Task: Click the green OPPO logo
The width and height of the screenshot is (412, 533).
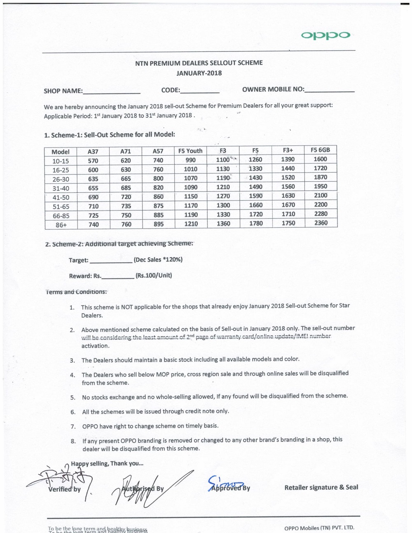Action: [x=325, y=35]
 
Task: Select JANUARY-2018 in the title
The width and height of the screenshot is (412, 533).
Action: [x=199, y=73]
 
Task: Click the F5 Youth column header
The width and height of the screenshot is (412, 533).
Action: [x=190, y=151]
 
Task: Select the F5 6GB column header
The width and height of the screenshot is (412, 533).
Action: [x=320, y=150]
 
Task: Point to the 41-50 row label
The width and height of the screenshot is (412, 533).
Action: [x=61, y=197]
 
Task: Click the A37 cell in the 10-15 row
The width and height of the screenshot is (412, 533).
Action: [x=93, y=161]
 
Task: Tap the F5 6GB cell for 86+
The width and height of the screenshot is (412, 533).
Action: [x=321, y=223]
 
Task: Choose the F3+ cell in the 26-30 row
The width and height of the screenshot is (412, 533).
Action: [x=288, y=178]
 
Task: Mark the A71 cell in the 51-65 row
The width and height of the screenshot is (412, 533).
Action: [x=126, y=206]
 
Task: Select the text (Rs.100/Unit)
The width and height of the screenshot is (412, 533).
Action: [x=154, y=276]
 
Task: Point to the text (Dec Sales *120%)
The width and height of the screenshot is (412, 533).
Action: [x=158, y=259]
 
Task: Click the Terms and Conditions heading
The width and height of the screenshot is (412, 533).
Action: [x=76, y=292]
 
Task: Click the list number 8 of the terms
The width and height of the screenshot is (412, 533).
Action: [x=73, y=441]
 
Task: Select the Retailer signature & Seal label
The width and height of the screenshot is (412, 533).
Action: [x=321, y=487]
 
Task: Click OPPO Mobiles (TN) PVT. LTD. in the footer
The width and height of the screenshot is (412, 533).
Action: [x=319, y=528]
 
